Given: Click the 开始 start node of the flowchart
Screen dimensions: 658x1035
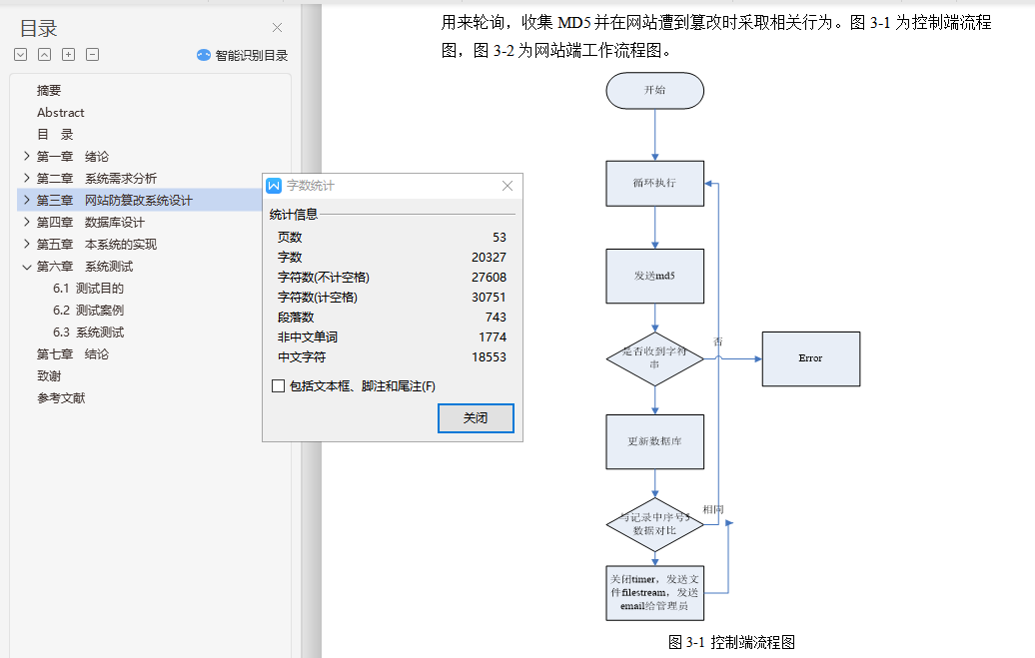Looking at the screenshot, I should click(654, 90).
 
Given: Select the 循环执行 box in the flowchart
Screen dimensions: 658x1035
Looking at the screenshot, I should click(654, 184).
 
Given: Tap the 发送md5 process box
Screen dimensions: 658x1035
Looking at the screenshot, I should click(654, 276).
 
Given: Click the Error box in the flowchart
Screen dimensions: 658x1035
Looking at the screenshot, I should click(810, 358).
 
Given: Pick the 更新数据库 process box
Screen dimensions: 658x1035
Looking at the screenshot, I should click(654, 441).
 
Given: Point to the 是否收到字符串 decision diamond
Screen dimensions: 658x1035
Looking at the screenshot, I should click(654, 358).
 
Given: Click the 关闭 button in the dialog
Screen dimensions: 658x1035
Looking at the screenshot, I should click(476, 418).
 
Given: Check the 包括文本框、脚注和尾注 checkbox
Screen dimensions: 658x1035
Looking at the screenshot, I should click(278, 386).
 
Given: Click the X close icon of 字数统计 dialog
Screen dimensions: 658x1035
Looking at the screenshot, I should click(508, 186).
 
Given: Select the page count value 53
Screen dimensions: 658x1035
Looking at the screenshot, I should click(499, 238).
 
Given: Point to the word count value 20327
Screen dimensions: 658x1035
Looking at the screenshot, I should click(489, 258).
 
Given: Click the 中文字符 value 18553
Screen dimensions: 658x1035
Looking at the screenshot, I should click(489, 357).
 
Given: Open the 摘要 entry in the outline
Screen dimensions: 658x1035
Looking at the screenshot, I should click(49, 91).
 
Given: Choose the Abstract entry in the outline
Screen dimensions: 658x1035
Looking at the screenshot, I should click(61, 113).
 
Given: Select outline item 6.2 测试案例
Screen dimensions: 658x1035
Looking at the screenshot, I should click(88, 311).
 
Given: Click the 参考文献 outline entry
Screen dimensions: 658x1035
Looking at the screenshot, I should click(61, 398).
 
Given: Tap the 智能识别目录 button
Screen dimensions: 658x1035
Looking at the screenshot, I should click(243, 56).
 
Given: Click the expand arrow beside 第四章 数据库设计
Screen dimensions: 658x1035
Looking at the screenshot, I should click(26, 223).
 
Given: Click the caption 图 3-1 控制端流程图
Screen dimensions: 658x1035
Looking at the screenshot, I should click(731, 642).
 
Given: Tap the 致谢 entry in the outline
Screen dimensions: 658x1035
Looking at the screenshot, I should click(49, 376).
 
